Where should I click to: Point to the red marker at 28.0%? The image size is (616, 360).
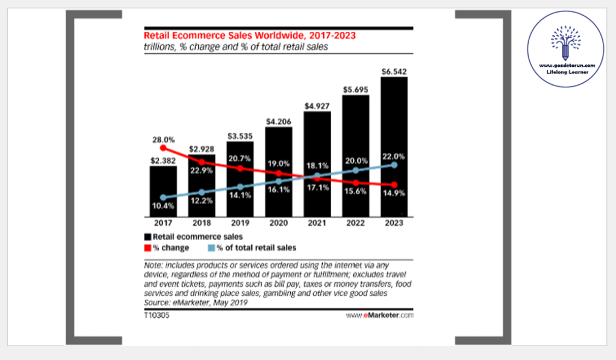163,147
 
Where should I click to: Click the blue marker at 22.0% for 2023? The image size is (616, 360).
394,164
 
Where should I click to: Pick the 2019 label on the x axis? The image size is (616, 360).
240,223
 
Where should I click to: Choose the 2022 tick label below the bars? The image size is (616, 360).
355,223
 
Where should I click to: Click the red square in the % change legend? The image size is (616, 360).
148,247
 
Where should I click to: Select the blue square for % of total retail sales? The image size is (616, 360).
212,247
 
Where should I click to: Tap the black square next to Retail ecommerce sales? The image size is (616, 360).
148,237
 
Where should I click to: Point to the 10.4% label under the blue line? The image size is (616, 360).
163,206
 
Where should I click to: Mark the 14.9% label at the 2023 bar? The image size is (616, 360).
394,193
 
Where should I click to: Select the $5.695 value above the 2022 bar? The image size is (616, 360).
356,88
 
